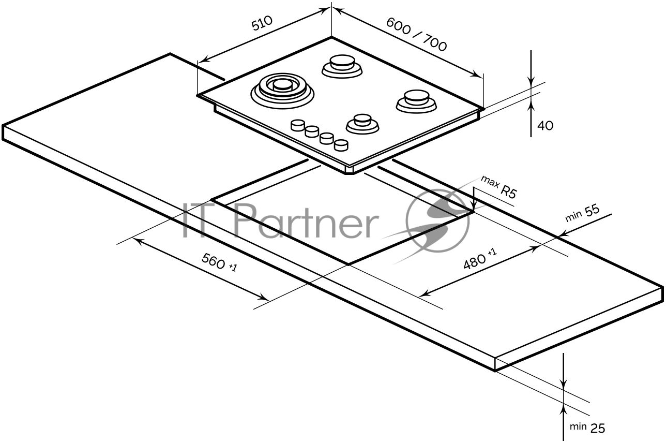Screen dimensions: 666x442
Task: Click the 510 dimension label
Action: (x=262, y=23)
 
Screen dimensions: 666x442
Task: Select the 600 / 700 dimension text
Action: (x=416, y=34)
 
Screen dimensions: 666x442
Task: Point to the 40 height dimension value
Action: (x=546, y=126)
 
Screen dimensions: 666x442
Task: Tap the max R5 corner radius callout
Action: (x=499, y=187)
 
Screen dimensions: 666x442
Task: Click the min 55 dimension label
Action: (x=582, y=213)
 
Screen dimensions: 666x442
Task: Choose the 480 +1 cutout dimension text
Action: (x=480, y=259)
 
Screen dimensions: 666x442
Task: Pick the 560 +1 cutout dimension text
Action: (x=219, y=262)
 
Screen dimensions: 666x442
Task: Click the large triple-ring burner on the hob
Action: (x=282, y=91)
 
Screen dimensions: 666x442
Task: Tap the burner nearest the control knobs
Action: (x=362, y=124)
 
